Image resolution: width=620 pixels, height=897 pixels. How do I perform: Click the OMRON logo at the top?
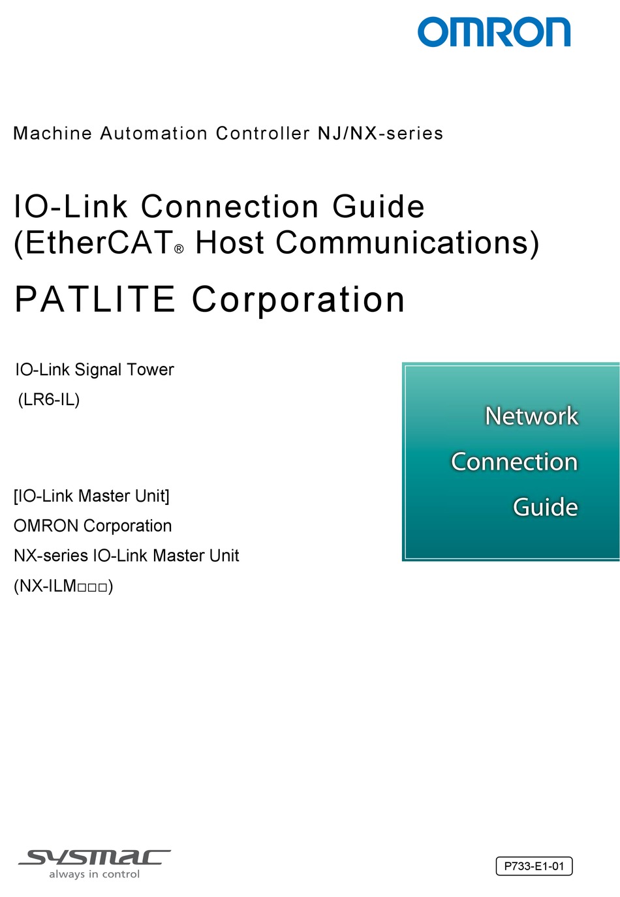pos(494,31)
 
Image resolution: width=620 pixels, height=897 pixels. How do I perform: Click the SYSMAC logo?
pos(95,858)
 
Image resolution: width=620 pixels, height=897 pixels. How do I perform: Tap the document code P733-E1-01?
pos(534,866)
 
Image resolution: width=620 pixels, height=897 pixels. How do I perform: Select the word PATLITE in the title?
pos(95,299)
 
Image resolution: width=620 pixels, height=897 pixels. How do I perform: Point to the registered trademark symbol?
pos(179,249)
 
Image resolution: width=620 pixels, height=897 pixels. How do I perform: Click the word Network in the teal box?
pos(531,416)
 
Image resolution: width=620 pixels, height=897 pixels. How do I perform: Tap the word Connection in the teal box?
pos(514,461)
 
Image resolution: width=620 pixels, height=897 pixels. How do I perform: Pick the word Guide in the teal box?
pos(546,507)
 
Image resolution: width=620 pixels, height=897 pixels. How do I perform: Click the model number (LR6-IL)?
pos(49,399)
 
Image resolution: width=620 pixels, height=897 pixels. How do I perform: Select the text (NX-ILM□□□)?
pos(63,586)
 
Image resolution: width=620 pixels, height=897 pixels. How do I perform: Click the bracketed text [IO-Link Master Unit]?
pos(91,496)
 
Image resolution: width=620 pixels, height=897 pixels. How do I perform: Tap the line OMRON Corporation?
pos(93,526)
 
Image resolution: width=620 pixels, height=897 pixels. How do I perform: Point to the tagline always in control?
pos(95,874)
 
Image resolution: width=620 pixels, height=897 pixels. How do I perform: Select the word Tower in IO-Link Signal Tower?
pos(150,370)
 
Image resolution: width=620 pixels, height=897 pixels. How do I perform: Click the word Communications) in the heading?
pos(407,243)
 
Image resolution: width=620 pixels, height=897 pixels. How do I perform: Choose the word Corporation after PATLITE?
pos(298,300)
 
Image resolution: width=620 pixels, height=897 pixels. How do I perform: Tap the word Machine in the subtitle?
pos(53,133)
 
